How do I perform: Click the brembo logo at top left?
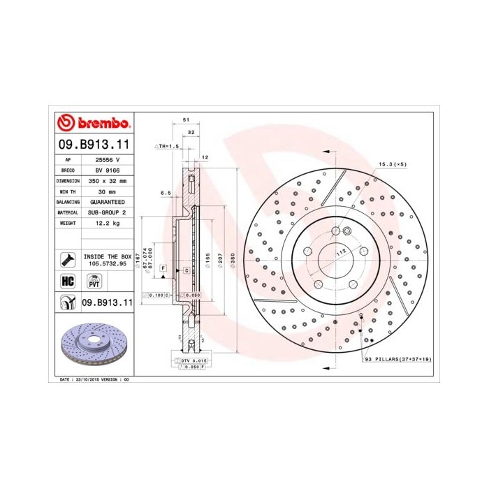point(93,124)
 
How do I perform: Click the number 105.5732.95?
point(108,265)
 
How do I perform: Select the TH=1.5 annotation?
point(167,146)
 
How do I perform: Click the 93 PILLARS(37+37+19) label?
point(398,359)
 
